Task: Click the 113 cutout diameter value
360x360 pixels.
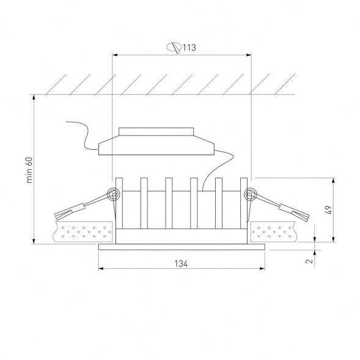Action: pos(189,48)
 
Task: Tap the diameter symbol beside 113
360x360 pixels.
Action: pos(174,48)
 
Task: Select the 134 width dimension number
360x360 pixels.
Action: pos(181,264)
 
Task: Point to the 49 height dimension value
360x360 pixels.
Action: pos(329,210)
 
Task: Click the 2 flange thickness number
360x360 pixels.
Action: pos(310,261)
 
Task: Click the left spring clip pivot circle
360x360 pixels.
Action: pos(114,195)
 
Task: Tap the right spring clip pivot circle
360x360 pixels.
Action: pos(249,195)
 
